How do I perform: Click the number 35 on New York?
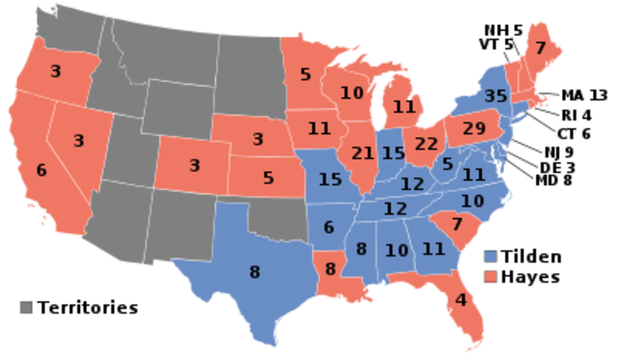pyautogui.click(x=495, y=96)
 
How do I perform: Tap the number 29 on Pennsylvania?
pyautogui.click(x=474, y=128)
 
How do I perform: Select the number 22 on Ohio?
pyautogui.click(x=427, y=144)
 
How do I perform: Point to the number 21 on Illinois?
pyautogui.click(x=363, y=153)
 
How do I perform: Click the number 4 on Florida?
pyautogui.click(x=461, y=299)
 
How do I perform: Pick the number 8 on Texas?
pyautogui.click(x=254, y=272)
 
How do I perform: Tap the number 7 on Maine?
pyautogui.click(x=540, y=48)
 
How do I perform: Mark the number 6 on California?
pyautogui.click(x=42, y=170)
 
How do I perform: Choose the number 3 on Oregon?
pyautogui.click(x=55, y=70)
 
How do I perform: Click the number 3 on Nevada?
pyautogui.click(x=79, y=141)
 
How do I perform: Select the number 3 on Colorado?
pyautogui.click(x=194, y=165)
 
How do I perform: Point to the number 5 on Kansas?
pyautogui.click(x=267, y=178)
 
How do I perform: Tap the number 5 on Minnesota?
pyautogui.click(x=305, y=73)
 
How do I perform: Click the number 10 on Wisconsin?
pyautogui.click(x=351, y=94)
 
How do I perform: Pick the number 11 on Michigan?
pyautogui.click(x=404, y=106)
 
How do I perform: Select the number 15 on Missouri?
pyautogui.click(x=330, y=180)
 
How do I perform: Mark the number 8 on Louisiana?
pyautogui.click(x=331, y=268)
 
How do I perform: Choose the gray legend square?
pyautogui.click(x=26, y=307)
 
